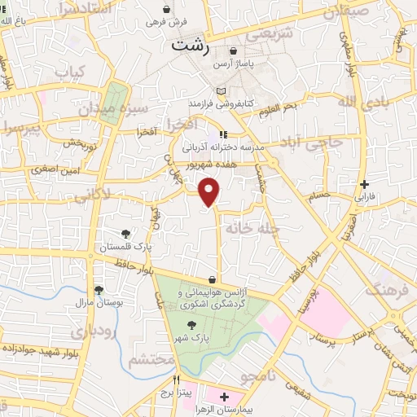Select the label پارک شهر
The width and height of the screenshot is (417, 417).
click(194, 336)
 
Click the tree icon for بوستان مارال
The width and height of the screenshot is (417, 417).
click(99, 289)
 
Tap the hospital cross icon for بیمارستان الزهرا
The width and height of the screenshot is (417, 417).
click(224, 401)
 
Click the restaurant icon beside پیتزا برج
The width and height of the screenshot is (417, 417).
click(176, 380)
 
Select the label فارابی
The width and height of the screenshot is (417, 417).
click(364, 197)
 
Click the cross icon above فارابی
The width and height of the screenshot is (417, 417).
click(364, 184)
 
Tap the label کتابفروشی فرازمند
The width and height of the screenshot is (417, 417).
click(223, 103)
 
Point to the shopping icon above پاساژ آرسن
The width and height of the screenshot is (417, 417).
click(234, 50)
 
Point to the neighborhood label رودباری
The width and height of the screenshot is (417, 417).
click(87, 331)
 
